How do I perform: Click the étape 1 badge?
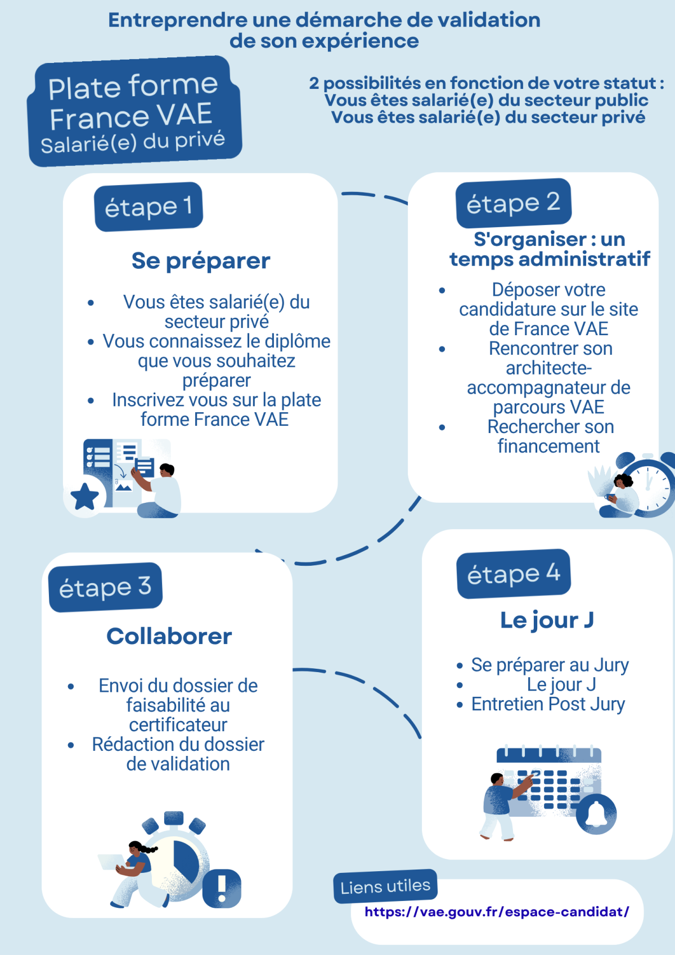tap(148, 206)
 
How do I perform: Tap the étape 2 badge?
tap(514, 203)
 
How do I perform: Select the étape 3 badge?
tap(105, 587)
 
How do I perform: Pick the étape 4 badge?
tap(514, 574)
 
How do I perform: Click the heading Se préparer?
tap(201, 261)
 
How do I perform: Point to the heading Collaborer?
tap(169, 636)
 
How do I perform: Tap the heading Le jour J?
tap(547, 620)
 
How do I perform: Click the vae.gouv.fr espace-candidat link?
tap(497, 912)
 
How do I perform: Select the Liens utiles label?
tap(385, 886)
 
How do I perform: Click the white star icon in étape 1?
tap(85, 497)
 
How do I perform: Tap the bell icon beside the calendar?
tap(596, 814)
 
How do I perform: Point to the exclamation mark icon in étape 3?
tap(222, 889)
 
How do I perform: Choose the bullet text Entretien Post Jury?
tap(548, 704)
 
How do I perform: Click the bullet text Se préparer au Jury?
tap(550, 665)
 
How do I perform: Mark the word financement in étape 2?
tap(548, 446)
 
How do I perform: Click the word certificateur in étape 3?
tap(178, 724)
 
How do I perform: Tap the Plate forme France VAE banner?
tap(134, 111)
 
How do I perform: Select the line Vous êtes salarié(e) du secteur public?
tap(487, 100)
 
